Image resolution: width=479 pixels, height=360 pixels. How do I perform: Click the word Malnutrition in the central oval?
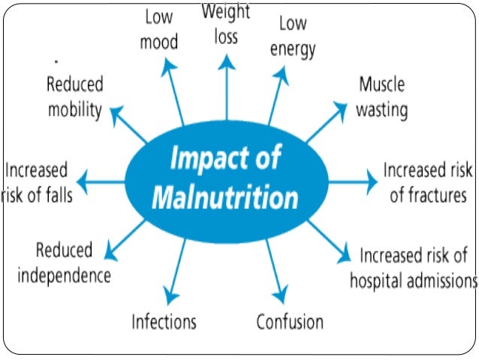point(225,198)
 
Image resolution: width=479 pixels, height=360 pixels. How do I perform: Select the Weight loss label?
point(224,24)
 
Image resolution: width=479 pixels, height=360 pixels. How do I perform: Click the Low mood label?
point(158,30)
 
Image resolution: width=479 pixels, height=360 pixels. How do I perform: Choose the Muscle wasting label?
point(381,97)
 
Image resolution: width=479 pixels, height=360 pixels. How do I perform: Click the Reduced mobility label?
point(75,96)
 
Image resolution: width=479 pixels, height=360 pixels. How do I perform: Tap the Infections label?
point(164,322)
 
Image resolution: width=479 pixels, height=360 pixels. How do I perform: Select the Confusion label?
point(290,322)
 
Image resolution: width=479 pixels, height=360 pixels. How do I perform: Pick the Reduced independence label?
point(65,262)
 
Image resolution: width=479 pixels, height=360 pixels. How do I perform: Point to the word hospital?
point(379,280)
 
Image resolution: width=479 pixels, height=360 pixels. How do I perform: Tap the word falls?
point(56,195)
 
